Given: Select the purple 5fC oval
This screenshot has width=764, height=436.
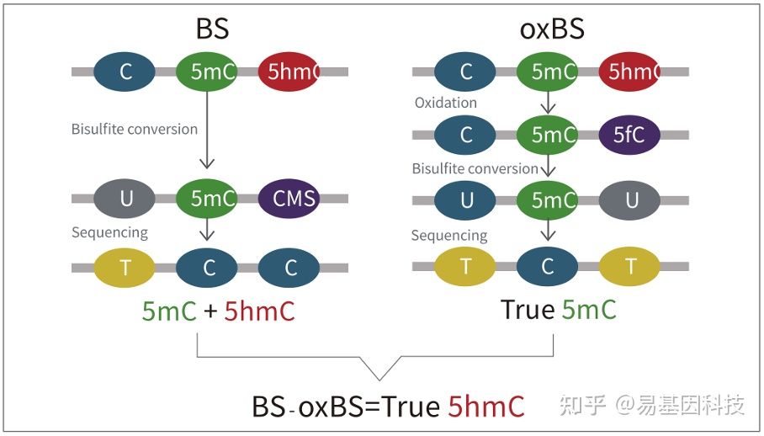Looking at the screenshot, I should coord(630,134).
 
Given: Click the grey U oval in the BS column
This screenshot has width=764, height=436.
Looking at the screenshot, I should coord(126,199).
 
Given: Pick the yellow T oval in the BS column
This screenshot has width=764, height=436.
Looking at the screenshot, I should coord(126,268).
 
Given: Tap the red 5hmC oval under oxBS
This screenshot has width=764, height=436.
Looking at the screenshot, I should coord(630,72).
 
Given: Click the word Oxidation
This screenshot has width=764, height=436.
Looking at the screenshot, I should coord(445,103).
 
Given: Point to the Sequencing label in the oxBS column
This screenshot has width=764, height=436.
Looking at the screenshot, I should coord(448,236).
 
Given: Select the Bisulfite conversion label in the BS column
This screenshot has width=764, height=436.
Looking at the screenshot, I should coord(135,129).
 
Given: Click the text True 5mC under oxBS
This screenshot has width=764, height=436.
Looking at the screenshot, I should coord(559,309).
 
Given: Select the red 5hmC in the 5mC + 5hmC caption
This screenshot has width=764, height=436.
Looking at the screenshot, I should coord(260,311).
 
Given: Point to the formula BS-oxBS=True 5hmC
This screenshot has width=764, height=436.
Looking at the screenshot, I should coord(388,407).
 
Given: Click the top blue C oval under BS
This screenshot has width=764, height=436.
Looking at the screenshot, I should coord(125,72).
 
